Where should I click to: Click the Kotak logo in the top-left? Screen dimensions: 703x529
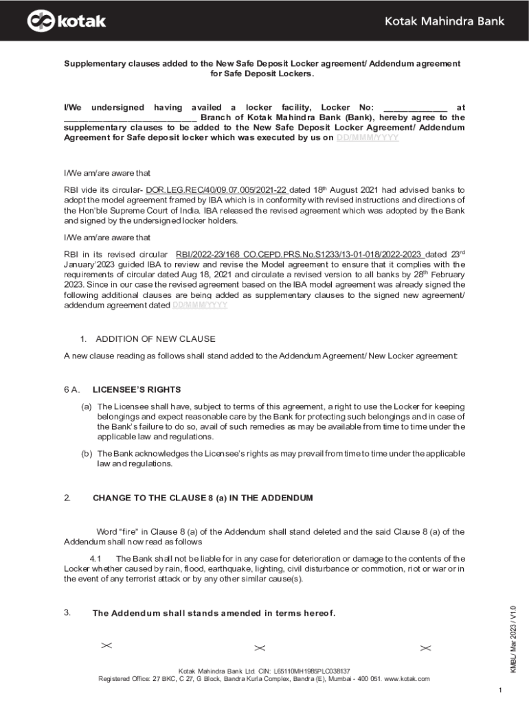coord(67,21)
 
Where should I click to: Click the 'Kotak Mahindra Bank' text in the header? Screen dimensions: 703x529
coord(444,21)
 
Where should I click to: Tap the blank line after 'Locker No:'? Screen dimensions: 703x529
coord(414,108)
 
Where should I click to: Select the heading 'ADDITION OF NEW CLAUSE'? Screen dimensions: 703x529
coord(155,339)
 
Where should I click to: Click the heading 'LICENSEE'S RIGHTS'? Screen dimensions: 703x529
coord(132,389)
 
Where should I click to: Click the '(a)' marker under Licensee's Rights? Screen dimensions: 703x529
coord(87,407)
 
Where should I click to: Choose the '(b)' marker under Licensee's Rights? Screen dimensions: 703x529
coord(87,454)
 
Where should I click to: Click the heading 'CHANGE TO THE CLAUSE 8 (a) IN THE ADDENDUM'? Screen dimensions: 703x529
coord(203,498)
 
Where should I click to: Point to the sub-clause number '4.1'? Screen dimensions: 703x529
coord(96,559)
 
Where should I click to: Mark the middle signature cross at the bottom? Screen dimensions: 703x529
coord(260,648)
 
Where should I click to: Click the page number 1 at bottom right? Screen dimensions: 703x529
coord(502,689)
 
